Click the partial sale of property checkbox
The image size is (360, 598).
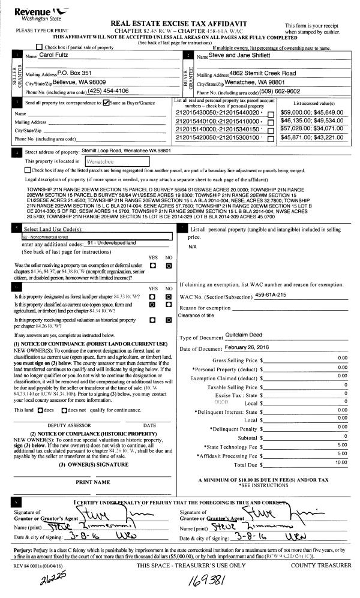(x=40, y=47)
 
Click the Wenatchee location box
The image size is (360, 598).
(x=117, y=161)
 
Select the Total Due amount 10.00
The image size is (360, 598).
(x=341, y=462)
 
